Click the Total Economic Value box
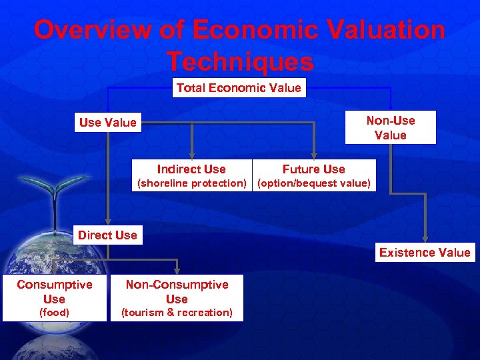239,88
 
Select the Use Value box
107,123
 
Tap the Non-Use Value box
390,127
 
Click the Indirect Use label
191,169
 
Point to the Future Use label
313,169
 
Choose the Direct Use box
107,235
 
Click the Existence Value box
425,252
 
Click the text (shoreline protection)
191,183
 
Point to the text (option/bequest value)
313,183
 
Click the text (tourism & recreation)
177,313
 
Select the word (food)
54,313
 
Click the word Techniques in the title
239,61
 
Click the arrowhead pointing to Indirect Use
192,155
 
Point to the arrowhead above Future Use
314,155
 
